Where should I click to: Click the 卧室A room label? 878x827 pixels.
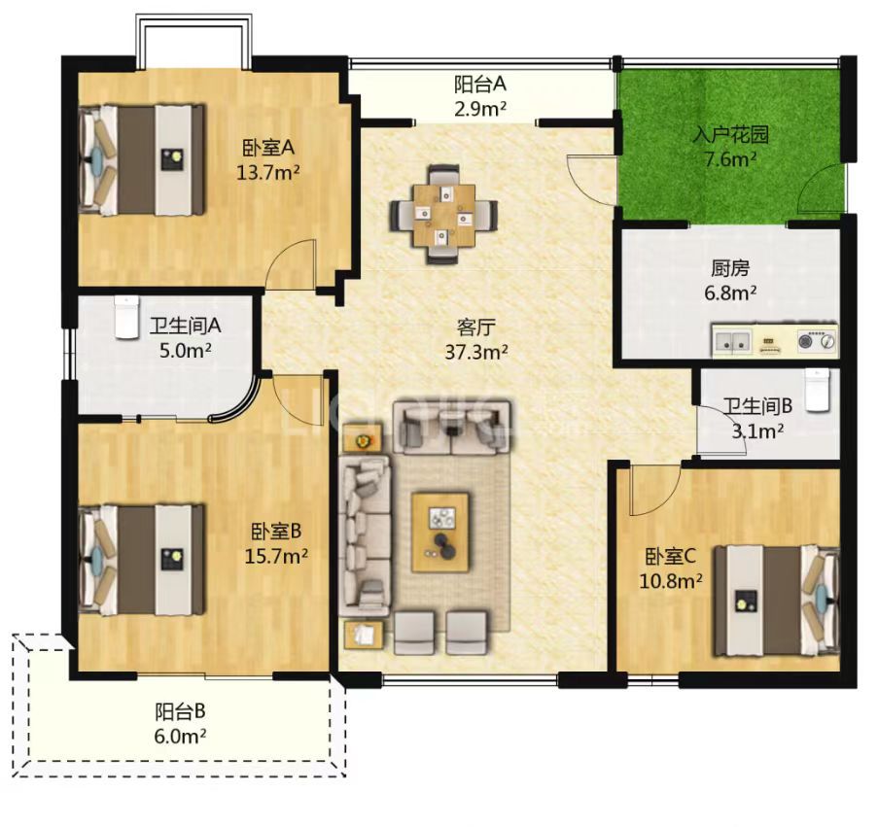coord(268,148)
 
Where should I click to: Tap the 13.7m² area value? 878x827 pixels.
coord(267,172)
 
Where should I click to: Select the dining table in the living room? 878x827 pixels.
coord(443,215)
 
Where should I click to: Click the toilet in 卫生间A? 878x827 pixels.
coord(126,317)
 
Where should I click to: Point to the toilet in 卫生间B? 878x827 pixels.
coord(817,390)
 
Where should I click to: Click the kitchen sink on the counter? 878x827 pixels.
coord(731,340)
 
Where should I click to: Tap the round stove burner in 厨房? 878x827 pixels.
coord(807,339)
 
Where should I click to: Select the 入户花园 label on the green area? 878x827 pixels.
coord(730,135)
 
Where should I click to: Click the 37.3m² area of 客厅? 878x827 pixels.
coord(476,352)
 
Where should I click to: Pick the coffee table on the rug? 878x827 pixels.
coord(440,533)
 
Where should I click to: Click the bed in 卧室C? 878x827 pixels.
coord(777,600)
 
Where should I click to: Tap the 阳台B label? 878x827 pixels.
coord(180,711)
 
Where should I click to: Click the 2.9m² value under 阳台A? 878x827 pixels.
coord(480,108)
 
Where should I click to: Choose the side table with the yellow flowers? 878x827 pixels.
coord(363,437)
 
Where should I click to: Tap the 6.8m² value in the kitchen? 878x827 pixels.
coord(731,293)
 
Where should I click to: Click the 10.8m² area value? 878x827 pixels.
coord(671,581)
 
